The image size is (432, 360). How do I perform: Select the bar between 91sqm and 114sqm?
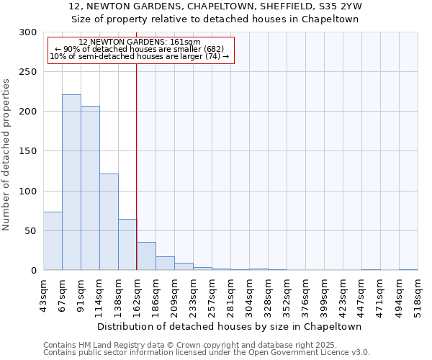(90, 188)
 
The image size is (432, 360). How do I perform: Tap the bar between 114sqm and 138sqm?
(109, 222)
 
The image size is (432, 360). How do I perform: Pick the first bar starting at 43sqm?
(53, 241)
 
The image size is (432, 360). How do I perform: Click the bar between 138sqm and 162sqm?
(127, 245)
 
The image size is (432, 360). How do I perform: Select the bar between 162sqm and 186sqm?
(146, 256)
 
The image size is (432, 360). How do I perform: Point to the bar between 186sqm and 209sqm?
(165, 264)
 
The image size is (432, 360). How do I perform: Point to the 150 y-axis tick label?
(28, 151)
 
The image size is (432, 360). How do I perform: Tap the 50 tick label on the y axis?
(31, 231)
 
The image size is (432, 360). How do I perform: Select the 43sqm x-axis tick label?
(44, 294)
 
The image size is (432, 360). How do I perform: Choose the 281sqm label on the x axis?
(231, 294)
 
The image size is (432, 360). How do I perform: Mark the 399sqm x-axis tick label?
(325, 294)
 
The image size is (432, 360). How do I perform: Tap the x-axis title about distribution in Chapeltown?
(230, 326)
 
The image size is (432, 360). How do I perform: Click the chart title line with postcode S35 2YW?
(215, 6)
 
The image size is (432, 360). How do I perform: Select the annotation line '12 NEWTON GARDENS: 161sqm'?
(140, 42)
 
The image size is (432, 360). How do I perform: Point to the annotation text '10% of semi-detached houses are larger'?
(140, 56)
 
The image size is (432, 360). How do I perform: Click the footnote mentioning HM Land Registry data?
(206, 345)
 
